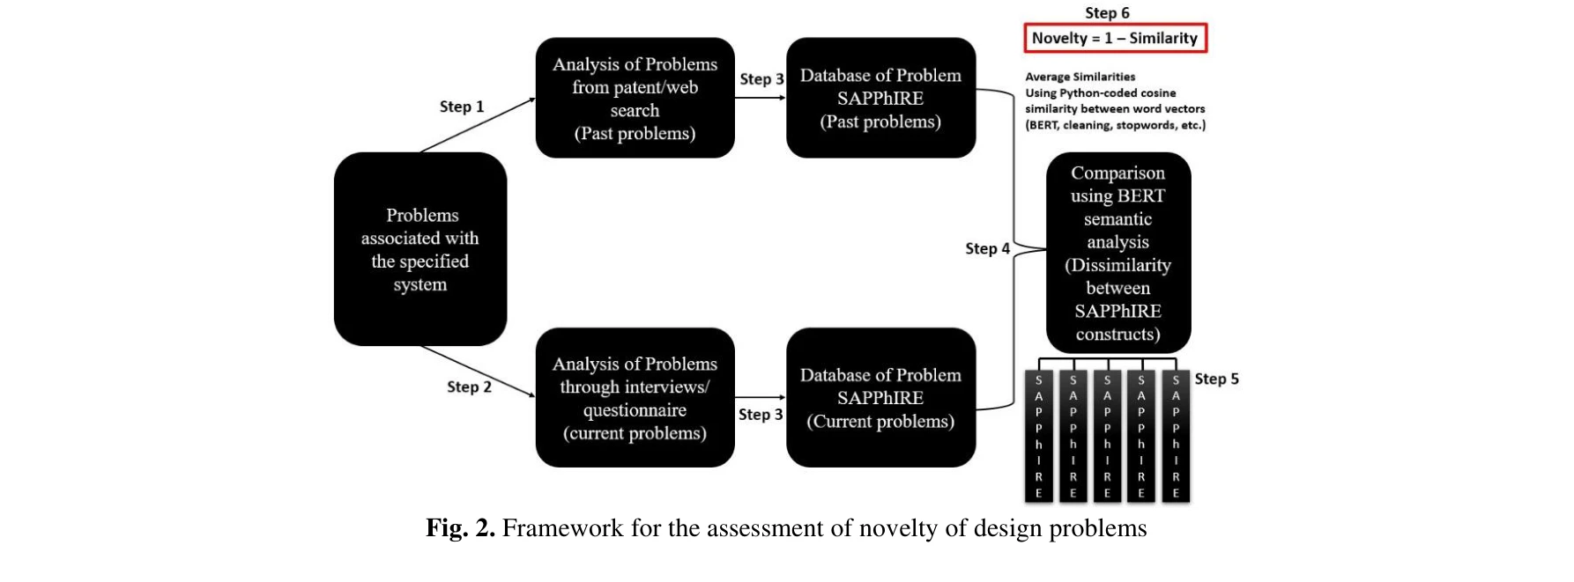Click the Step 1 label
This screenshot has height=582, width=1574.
pos(461,107)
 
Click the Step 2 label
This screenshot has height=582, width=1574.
pos(468,387)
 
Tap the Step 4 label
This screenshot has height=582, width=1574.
pos(987,248)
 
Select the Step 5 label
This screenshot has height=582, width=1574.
pos(1216,379)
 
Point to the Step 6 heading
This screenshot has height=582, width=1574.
pos(1107,12)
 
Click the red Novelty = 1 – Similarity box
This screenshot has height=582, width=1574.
pos(1115,39)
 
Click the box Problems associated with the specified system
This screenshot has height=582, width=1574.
pos(420,249)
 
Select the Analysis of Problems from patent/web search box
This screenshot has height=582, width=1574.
pos(635,98)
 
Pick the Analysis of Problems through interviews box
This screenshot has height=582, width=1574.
pos(635,398)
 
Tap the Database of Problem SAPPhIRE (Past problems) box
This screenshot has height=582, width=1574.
pos(880,98)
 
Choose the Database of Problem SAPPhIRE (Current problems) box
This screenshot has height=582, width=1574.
pos(880,398)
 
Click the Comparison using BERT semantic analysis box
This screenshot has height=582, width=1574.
pos(1117,253)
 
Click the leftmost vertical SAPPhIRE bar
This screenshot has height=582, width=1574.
pos(1039,436)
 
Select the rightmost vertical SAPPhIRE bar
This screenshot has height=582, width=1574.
pos(1176,436)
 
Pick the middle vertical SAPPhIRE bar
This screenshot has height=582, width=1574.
pos(1107,436)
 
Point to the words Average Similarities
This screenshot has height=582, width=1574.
pos(1080,77)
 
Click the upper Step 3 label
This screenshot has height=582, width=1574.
pos(761,79)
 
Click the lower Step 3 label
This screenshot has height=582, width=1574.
pos(760,414)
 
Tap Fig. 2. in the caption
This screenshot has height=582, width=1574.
pos(460,528)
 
